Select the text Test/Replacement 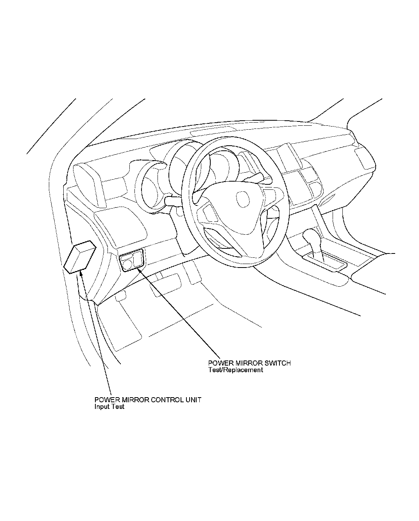point(236,369)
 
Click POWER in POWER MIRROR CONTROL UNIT point(106,400)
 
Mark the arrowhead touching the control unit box point(81,273)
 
